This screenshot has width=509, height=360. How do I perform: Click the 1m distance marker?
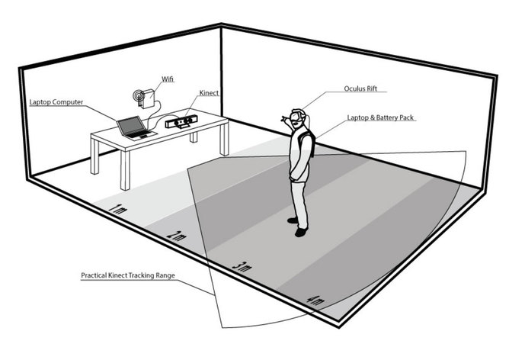click(x=117, y=207)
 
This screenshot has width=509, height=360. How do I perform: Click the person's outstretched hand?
click(x=283, y=118)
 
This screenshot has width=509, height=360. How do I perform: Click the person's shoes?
click(x=298, y=226)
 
